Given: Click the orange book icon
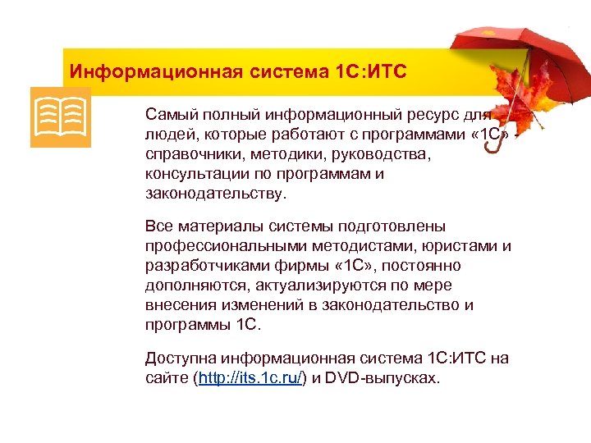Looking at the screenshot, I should (60, 117).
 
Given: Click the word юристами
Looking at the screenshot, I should (464, 246).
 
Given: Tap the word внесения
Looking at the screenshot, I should (178, 305).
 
